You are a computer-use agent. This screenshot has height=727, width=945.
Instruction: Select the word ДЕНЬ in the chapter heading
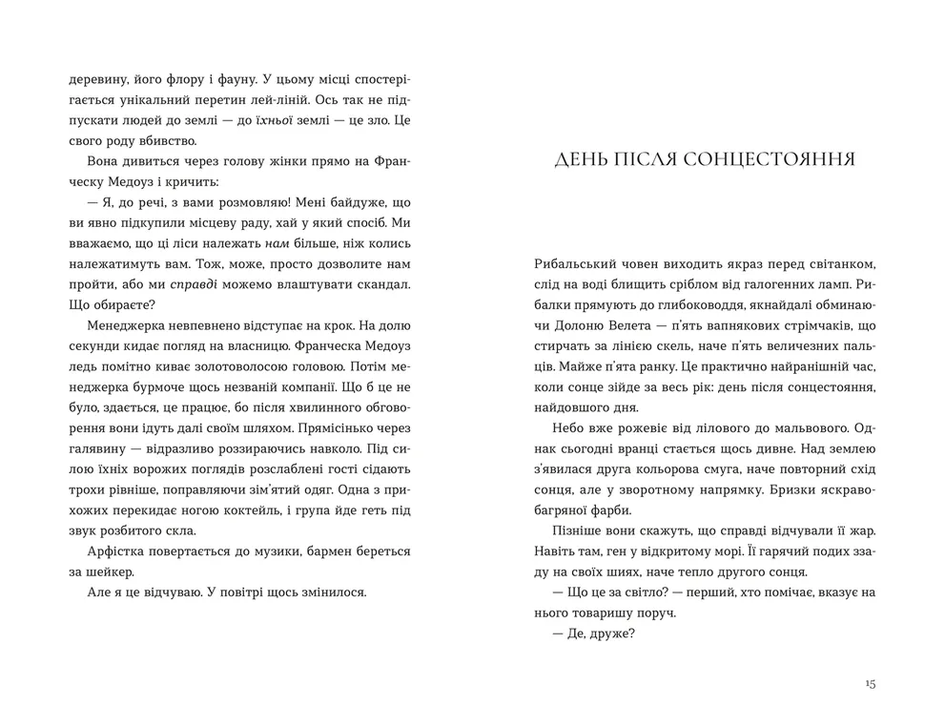pos(584,158)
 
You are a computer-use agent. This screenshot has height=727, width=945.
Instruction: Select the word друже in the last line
pos(611,634)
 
